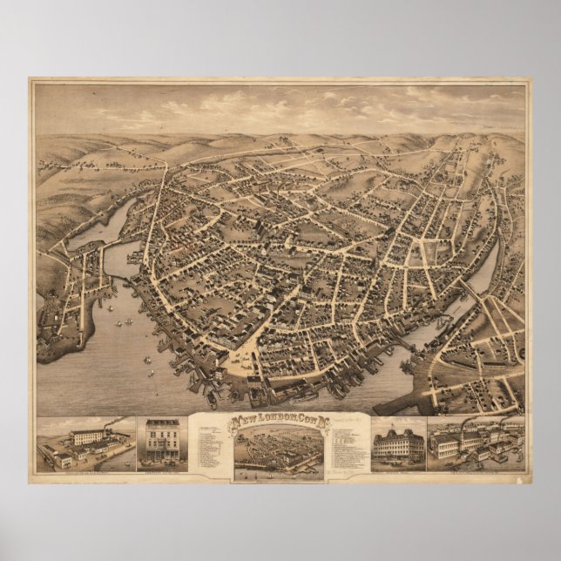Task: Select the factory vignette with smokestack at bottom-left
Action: tap(84, 445)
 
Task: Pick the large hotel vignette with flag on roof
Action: tap(397, 445)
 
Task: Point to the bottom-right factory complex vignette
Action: tap(476, 445)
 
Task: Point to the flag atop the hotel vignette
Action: tap(398, 424)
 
